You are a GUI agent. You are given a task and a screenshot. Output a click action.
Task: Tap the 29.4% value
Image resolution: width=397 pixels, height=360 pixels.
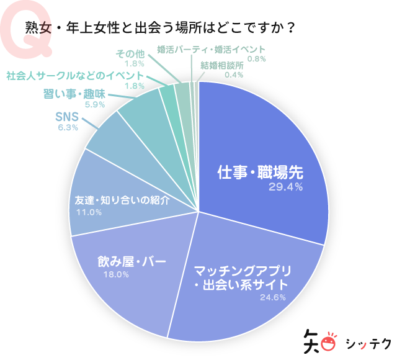coord(285,187)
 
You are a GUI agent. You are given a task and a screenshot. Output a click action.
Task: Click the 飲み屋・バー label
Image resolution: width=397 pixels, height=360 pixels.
coord(132,261)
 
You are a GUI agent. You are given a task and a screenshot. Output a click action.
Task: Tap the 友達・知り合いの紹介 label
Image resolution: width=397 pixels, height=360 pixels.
coord(118,201)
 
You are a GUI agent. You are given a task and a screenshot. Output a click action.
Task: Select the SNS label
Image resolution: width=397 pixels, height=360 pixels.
coord(66,116)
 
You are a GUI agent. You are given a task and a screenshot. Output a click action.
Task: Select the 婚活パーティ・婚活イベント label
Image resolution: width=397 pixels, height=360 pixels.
coord(210,49)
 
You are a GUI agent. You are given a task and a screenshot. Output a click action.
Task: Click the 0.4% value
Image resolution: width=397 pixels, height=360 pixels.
coord(233,75)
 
